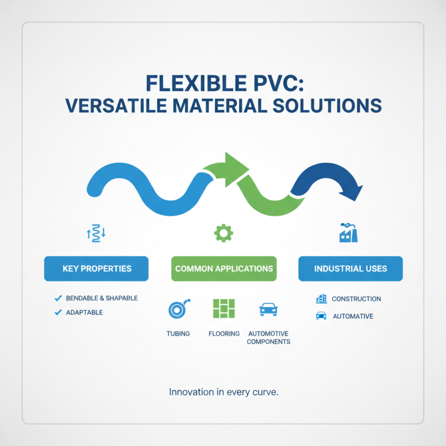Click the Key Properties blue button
click(96, 269)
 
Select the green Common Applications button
click(224, 269)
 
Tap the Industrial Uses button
click(350, 269)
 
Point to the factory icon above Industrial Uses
click(348, 232)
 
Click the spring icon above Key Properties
click(96, 233)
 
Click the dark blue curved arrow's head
click(351, 192)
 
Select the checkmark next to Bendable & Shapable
click(58, 298)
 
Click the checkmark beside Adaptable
click(58, 313)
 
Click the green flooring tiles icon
click(224, 308)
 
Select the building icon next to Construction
click(321, 299)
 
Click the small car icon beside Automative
click(321, 316)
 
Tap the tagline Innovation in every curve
click(223, 392)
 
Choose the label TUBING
click(178, 333)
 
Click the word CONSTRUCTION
click(356, 299)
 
